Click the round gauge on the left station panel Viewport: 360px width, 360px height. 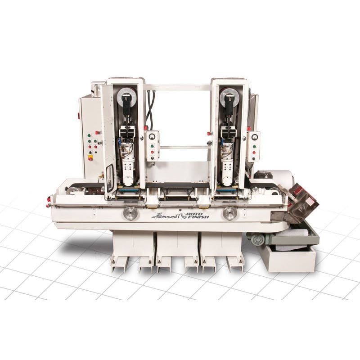152,135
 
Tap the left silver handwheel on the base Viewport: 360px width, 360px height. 130,213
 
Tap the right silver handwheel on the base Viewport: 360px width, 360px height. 229,213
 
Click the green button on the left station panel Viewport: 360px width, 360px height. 152,145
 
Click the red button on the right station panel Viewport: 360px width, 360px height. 255,153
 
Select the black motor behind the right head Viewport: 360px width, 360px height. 261,175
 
